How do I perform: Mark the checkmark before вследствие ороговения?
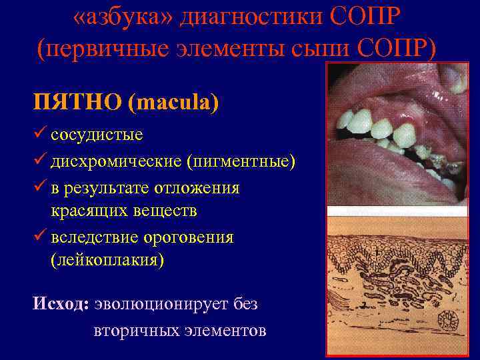(x=39, y=237)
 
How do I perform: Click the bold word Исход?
(x=61, y=304)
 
